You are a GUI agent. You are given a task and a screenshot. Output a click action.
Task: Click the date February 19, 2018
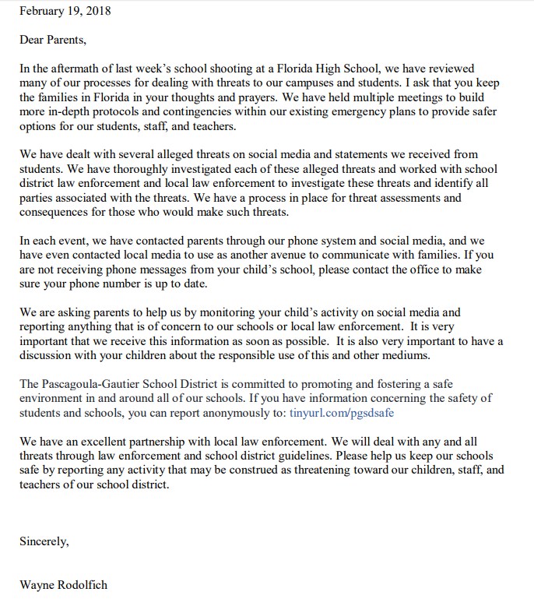pyautogui.click(x=66, y=12)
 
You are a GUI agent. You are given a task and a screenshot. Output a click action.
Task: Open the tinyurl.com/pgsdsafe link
pyautogui.click(x=336, y=413)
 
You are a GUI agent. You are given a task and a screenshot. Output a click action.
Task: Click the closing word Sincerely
pyautogui.click(x=44, y=541)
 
